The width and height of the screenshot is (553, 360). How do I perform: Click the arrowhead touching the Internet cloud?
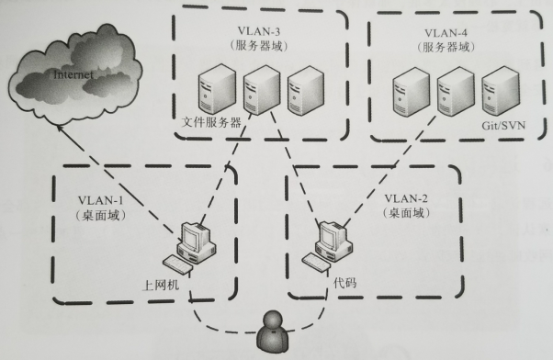[57, 128]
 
